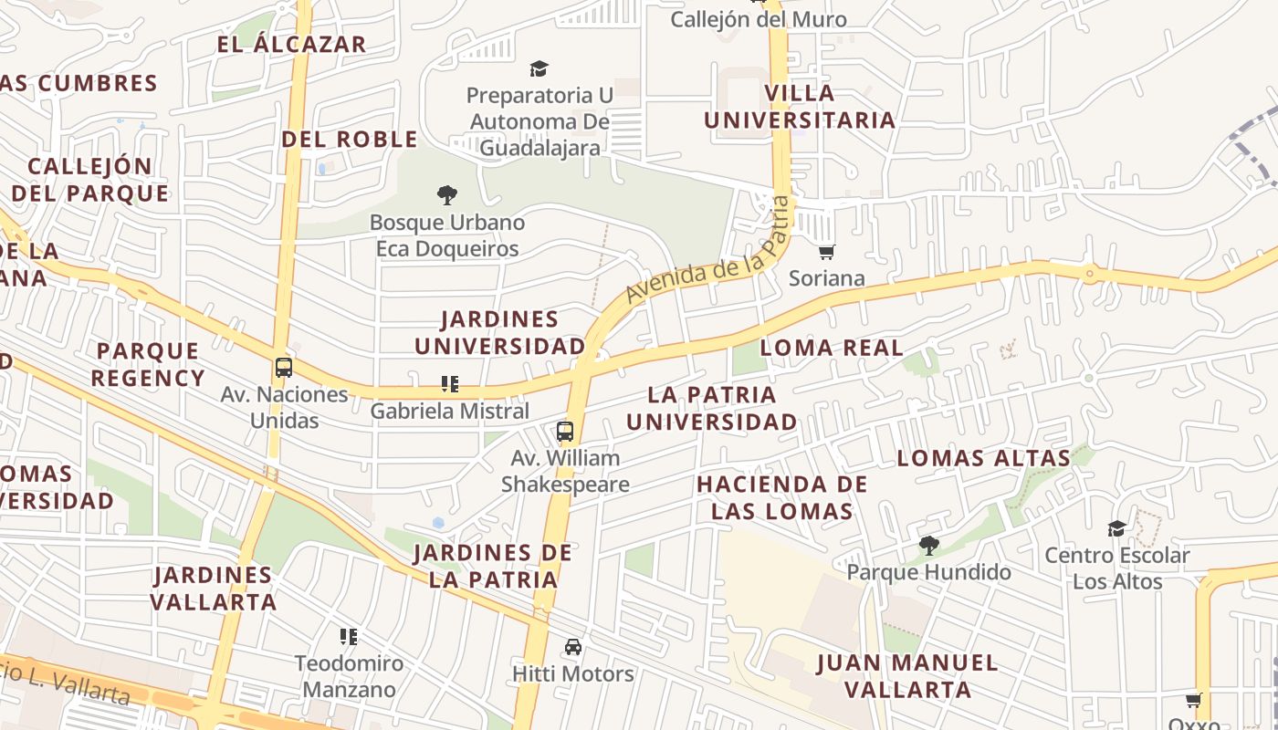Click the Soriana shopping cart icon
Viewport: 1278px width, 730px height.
826,252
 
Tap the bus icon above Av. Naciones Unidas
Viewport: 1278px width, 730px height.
284,368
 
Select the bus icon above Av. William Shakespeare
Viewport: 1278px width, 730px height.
565,432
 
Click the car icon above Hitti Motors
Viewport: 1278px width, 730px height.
572,647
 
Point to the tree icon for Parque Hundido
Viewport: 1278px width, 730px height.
929,546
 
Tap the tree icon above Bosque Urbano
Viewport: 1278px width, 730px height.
446,194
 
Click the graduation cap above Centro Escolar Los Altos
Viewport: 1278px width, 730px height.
1116,529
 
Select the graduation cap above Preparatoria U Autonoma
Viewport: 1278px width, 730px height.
539,68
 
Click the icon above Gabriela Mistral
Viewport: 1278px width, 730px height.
449,384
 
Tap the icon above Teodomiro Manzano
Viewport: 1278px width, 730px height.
348,636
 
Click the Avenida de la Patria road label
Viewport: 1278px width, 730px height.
707,251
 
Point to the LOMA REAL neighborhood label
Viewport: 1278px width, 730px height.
832,348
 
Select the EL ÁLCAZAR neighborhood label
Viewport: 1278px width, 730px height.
291,44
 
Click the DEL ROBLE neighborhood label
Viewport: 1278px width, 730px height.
350,140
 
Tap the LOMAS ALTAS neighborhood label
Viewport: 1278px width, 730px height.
983,458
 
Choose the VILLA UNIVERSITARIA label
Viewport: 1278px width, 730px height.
799,107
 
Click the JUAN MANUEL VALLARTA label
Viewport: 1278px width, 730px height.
907,676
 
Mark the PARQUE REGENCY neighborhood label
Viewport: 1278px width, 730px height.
148,364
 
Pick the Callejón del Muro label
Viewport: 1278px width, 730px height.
759,19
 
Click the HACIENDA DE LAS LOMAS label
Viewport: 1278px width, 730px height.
782,497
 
